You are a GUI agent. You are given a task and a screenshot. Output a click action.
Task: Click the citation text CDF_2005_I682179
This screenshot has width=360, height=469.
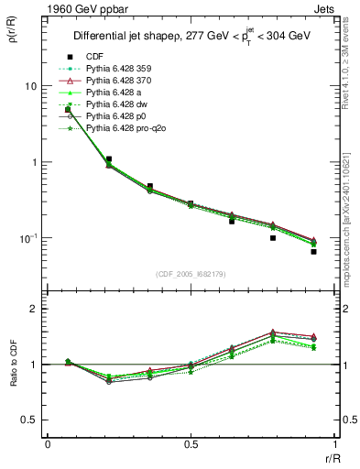[x=191, y=274]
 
